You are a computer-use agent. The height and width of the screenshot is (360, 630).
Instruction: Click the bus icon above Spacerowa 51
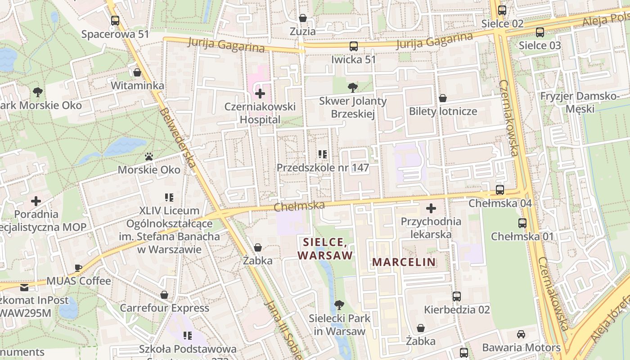point(115,20)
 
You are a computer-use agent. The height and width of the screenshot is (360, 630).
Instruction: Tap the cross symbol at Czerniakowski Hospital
point(260,94)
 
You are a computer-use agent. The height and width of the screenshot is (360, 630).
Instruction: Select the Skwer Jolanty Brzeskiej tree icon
point(353,87)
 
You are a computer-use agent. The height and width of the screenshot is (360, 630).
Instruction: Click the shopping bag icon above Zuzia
point(303,18)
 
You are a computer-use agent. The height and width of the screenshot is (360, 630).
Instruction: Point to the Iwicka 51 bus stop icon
point(354,46)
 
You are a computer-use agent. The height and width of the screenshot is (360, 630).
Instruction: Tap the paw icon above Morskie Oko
point(149,157)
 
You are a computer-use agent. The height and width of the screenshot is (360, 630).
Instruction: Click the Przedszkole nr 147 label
point(323,168)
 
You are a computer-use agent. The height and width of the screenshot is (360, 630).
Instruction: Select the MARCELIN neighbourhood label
point(404,262)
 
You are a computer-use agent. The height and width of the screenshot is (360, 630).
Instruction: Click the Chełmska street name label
point(299,206)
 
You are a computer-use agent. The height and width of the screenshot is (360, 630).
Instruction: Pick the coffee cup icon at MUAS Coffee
point(78,268)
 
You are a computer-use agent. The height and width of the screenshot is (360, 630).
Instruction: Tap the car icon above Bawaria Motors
point(521,334)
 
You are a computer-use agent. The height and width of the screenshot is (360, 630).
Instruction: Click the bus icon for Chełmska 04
point(500,189)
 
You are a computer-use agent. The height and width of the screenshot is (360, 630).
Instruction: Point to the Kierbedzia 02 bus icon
point(457,296)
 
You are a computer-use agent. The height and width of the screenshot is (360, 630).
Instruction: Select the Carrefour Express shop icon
point(164,295)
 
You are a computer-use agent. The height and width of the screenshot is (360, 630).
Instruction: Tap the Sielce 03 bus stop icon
point(540,32)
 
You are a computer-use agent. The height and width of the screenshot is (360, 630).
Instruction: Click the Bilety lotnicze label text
point(443,111)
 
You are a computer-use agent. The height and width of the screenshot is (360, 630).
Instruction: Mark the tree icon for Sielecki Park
point(339,305)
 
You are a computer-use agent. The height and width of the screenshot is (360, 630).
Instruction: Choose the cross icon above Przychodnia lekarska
point(431,208)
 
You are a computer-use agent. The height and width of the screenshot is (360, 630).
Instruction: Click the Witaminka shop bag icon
point(137,72)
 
